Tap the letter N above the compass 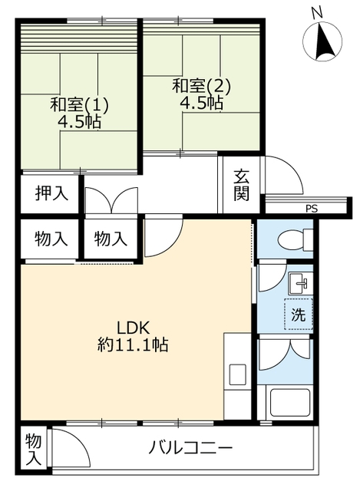[x=317, y=13]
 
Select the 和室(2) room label [x=201, y=85]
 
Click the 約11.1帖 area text [x=133, y=345]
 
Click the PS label [x=312, y=209]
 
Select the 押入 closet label [x=51, y=193]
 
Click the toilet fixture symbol [x=296, y=240]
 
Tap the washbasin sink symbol [x=300, y=283]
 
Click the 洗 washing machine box [x=299, y=314]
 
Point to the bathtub [x=290, y=404]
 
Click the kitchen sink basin [x=237, y=374]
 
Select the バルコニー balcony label [x=190, y=448]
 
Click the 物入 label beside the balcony [x=33, y=450]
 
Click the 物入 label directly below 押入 [x=51, y=239]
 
